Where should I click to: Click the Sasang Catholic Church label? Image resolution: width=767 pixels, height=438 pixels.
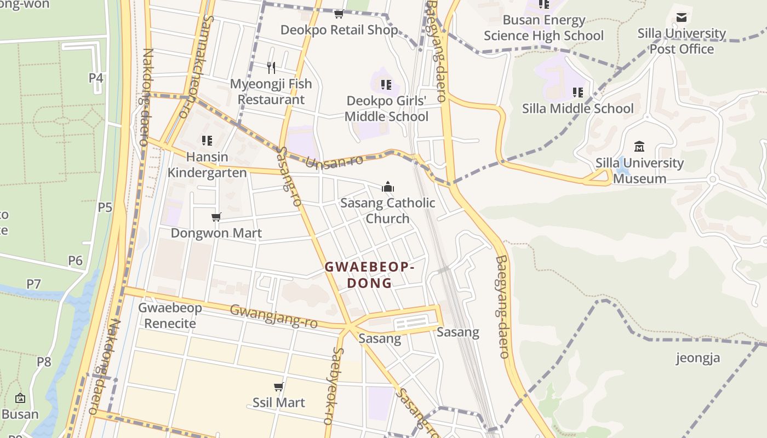click(x=388, y=211)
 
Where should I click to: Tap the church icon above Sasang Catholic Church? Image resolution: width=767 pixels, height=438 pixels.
click(x=388, y=187)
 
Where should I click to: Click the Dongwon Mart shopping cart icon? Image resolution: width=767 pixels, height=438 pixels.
click(x=216, y=217)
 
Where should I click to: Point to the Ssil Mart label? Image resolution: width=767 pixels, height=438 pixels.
click(x=279, y=402)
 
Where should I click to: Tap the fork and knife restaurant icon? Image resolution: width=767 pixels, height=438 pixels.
click(x=271, y=68)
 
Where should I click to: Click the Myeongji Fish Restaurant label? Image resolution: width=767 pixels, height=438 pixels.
click(x=271, y=92)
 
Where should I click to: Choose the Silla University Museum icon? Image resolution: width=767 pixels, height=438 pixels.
click(x=639, y=147)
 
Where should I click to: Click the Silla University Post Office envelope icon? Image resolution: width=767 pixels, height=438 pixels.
click(x=682, y=18)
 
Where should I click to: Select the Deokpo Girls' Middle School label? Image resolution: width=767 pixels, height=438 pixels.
click(x=387, y=108)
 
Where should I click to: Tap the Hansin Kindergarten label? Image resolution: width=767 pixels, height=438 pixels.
click(x=207, y=165)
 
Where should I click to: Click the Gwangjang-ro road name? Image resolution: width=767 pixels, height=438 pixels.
click(x=273, y=316)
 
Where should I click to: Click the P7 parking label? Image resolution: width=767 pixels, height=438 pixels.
click(x=34, y=284)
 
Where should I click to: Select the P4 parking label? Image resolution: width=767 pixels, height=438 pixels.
click(x=96, y=78)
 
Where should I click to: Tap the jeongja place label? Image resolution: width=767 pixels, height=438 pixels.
click(x=698, y=358)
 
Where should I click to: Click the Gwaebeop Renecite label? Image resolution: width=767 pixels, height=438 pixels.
click(x=170, y=315)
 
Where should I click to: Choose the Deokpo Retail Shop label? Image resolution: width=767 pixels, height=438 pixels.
click(x=339, y=30)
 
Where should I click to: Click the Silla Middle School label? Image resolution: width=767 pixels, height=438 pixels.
click(x=578, y=108)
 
